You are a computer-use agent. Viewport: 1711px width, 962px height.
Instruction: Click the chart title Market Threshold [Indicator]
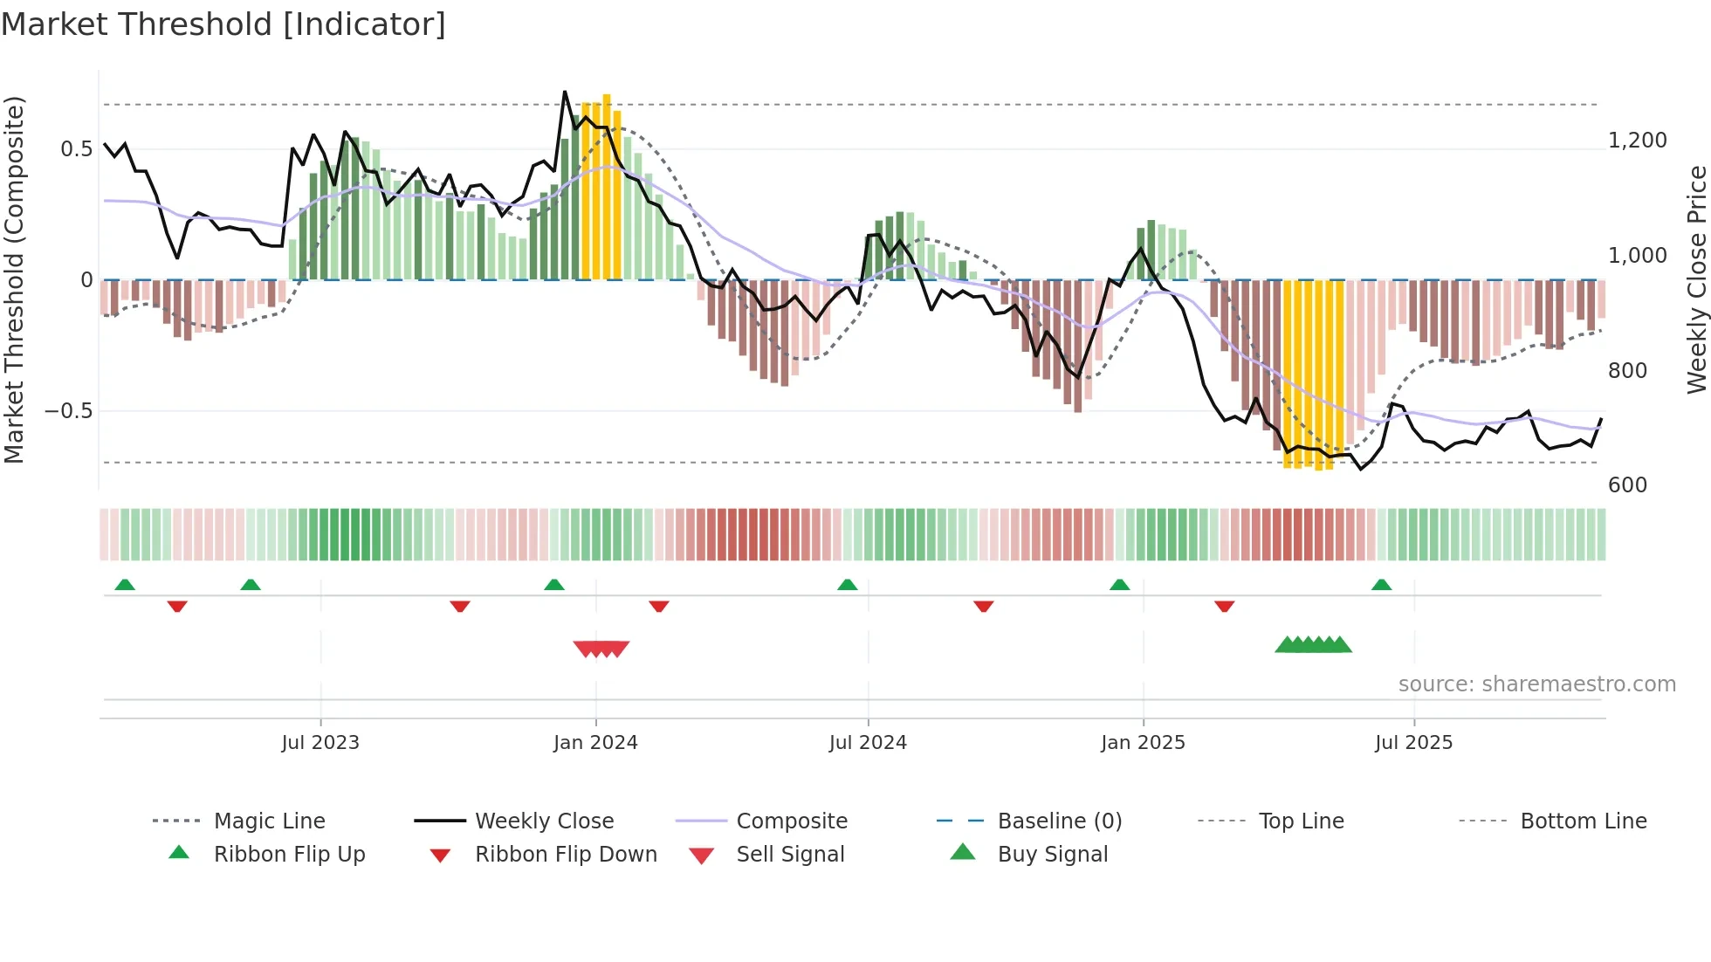click(223, 24)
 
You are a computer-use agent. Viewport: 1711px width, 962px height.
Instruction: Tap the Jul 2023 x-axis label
click(320, 743)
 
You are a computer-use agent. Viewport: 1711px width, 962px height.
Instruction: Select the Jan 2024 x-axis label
click(595, 743)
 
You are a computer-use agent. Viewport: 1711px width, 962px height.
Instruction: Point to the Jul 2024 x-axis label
click(868, 743)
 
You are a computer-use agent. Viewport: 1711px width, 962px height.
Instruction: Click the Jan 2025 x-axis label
click(1143, 743)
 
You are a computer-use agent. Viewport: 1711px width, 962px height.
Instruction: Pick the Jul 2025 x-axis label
click(1413, 743)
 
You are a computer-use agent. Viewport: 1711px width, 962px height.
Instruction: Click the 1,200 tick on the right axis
click(1637, 141)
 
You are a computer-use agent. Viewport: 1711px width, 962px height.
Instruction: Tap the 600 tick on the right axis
click(1627, 485)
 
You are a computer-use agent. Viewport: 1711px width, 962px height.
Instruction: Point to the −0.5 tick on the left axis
click(68, 411)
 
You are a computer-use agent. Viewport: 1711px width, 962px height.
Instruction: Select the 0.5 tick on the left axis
click(76, 149)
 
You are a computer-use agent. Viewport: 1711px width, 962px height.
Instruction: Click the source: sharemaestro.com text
click(1536, 684)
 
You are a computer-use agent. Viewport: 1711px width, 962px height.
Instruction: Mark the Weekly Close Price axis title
click(1696, 279)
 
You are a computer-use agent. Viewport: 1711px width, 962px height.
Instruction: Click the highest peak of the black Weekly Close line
click(565, 92)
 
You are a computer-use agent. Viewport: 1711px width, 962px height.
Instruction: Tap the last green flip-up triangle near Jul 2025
click(1381, 585)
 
